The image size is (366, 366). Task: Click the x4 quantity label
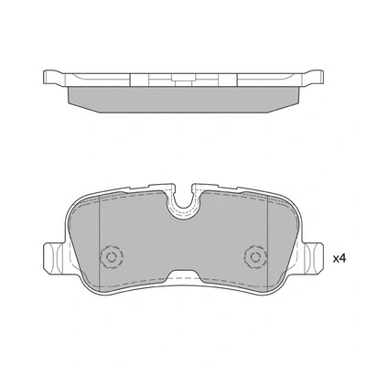pos(339,258)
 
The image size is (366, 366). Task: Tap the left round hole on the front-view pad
pos(113,258)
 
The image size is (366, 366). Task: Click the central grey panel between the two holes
pos(182,242)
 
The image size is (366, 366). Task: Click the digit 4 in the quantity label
pos(343,258)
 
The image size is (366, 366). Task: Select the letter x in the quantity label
pos(334,260)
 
